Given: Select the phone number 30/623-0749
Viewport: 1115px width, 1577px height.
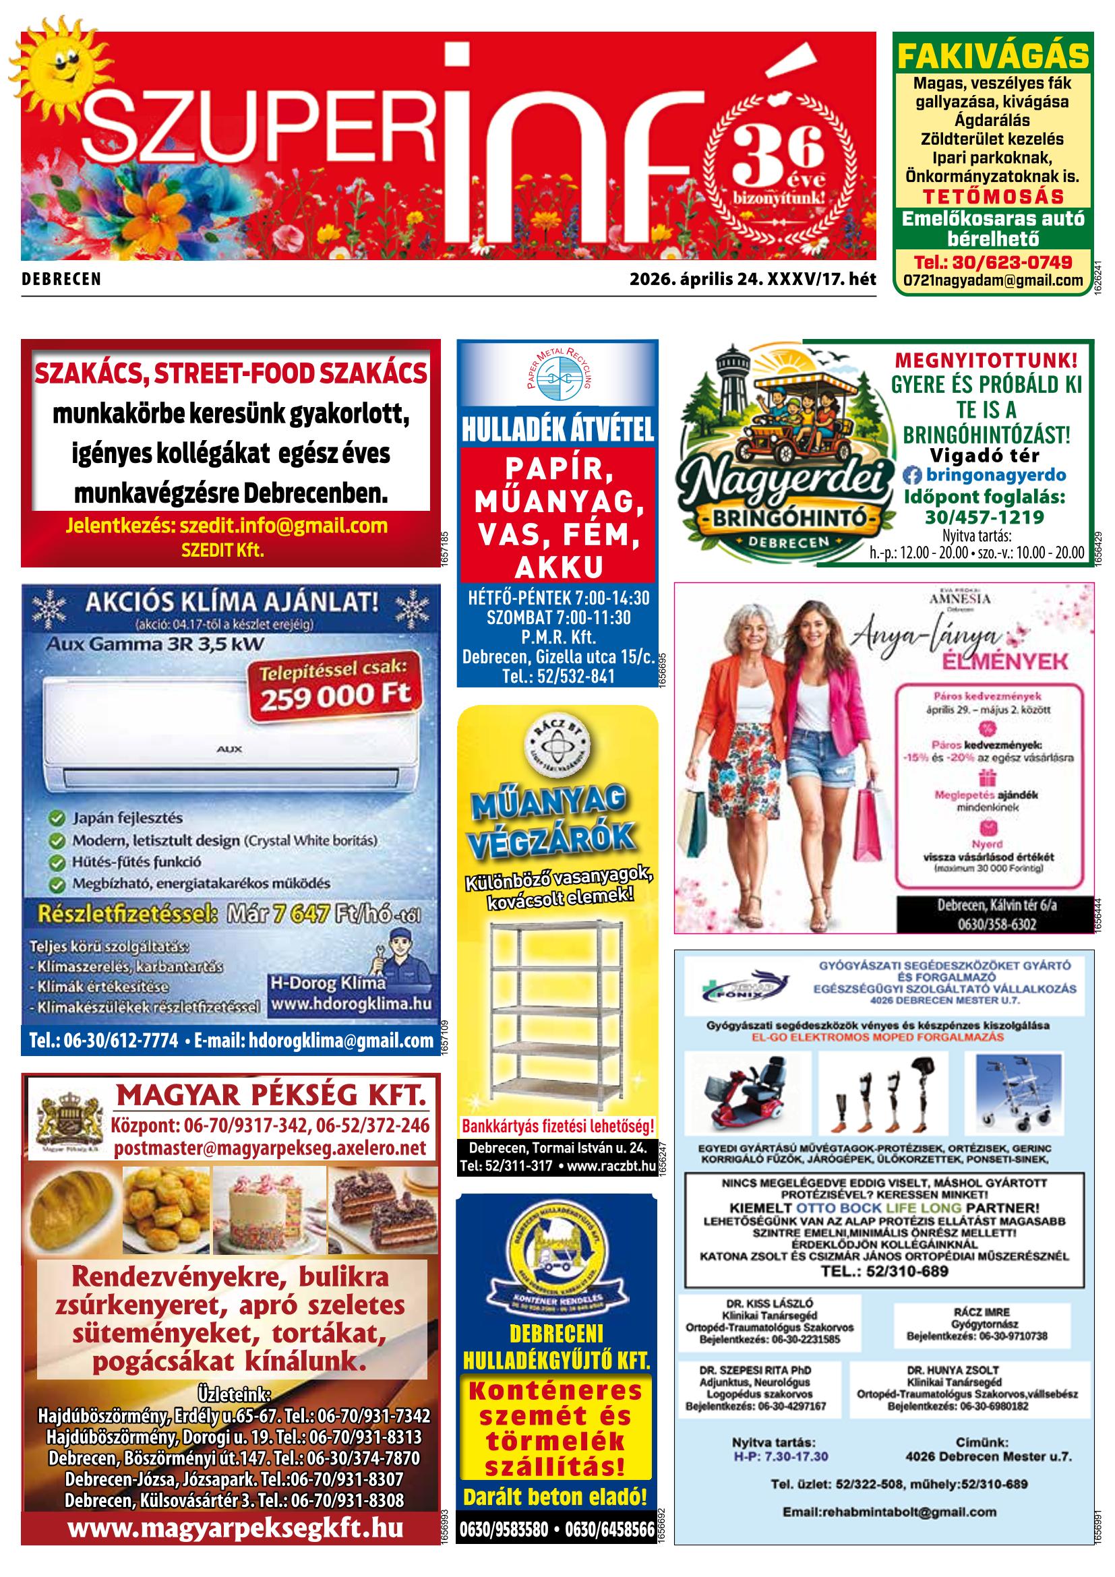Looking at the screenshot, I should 993,261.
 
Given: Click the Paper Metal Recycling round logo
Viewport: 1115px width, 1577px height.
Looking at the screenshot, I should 556,375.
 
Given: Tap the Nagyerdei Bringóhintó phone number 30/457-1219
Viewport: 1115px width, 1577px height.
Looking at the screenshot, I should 984,517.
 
